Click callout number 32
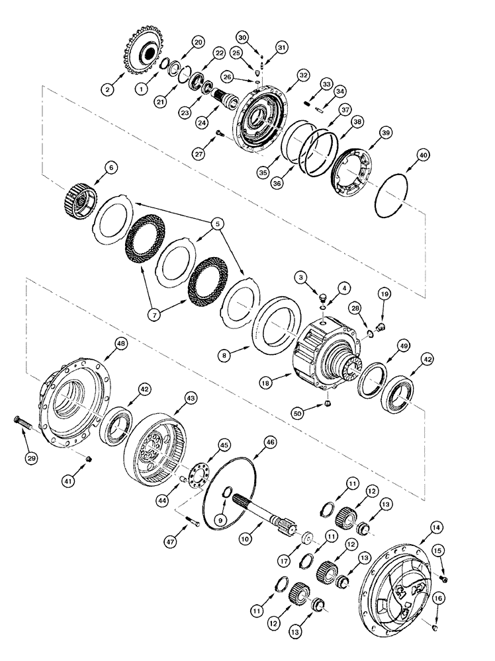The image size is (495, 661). tap(303, 76)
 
